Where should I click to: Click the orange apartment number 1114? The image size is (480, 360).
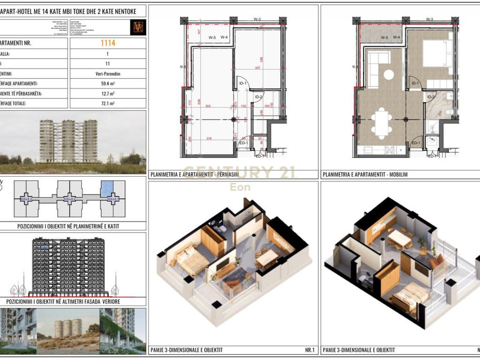click(x=108, y=43)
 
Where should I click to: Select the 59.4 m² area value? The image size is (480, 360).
click(x=108, y=83)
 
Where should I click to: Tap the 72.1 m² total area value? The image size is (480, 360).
click(x=108, y=103)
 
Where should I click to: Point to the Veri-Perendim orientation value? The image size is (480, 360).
click(x=108, y=74)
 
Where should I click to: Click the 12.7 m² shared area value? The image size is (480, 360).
click(x=108, y=93)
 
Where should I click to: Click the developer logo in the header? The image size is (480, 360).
click(x=138, y=26)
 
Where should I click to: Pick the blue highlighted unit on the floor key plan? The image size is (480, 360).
click(x=107, y=188)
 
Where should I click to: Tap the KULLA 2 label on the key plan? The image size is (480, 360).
click(x=69, y=199)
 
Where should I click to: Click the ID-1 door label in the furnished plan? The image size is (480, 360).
click(x=414, y=83)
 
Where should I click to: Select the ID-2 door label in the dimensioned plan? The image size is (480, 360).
click(x=258, y=97)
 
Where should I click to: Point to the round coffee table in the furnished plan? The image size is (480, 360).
click(x=389, y=74)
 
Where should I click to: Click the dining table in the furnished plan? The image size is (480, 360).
click(x=383, y=123)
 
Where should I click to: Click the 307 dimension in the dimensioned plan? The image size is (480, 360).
click(x=257, y=68)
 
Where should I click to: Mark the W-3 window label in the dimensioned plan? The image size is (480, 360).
click(x=257, y=19)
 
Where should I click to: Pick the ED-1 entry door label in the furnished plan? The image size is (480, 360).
click(x=415, y=142)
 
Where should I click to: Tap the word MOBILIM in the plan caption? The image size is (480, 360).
click(x=397, y=174)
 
